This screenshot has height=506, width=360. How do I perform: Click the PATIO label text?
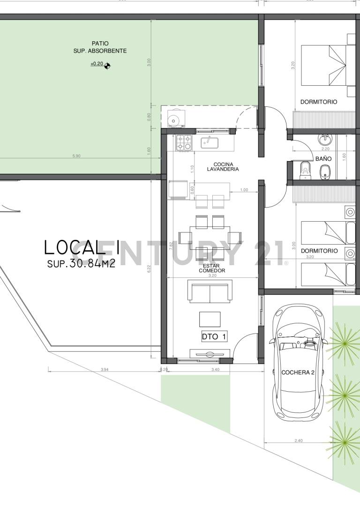100,44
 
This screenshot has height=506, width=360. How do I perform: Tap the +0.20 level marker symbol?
107,64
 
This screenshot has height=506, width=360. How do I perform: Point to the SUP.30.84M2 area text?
81,264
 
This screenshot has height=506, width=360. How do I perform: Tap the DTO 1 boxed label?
214,336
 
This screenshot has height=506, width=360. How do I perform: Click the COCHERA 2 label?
297,372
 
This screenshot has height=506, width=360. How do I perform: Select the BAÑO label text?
323,159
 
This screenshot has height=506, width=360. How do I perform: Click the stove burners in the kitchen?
184,143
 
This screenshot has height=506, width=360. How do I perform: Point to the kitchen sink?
209,142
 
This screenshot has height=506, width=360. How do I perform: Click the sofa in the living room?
210,291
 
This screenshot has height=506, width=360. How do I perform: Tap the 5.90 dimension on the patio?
76,156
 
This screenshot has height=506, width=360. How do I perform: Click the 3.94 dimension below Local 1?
104,370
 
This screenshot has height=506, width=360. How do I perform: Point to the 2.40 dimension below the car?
298,440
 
